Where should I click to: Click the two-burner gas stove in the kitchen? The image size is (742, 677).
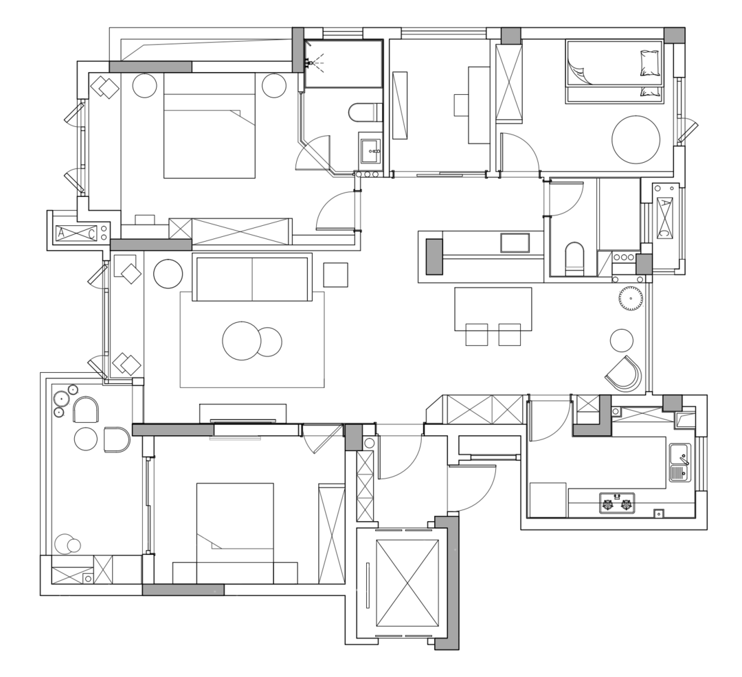(x=617, y=503)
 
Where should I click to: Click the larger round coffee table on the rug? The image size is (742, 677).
(x=241, y=341)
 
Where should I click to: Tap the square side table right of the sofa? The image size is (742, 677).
(x=335, y=275)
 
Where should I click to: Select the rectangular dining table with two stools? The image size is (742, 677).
(x=493, y=309)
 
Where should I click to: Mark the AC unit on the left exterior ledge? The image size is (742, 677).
(x=76, y=233)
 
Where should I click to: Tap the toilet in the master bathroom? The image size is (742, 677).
(x=364, y=112)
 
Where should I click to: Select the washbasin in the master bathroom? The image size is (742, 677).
(x=371, y=151)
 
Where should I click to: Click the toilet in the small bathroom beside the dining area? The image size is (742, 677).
(x=575, y=258)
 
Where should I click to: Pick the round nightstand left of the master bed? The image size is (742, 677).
(x=144, y=86)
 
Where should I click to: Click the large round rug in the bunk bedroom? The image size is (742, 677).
(x=636, y=139)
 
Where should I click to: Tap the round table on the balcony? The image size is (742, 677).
(x=87, y=439)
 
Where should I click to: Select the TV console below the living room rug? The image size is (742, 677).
(x=243, y=413)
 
